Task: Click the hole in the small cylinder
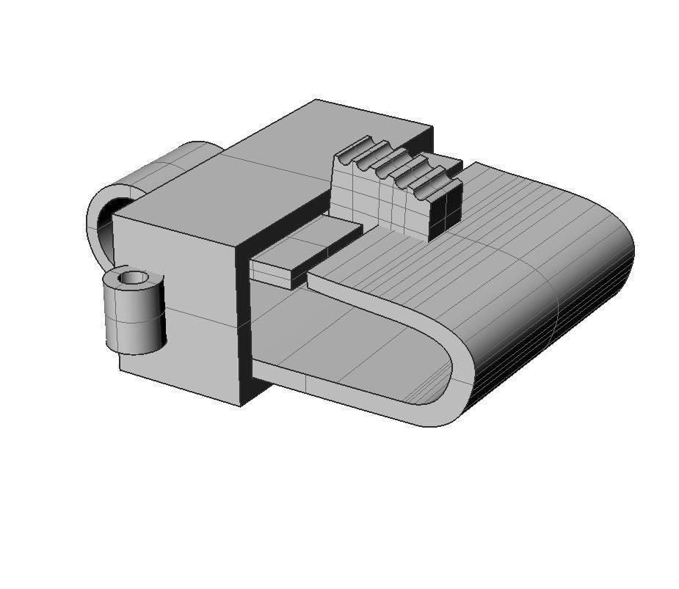[x=133, y=278]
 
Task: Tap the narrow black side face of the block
[x=244, y=330]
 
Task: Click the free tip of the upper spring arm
[x=313, y=278]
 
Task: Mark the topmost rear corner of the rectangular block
[x=316, y=100]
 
